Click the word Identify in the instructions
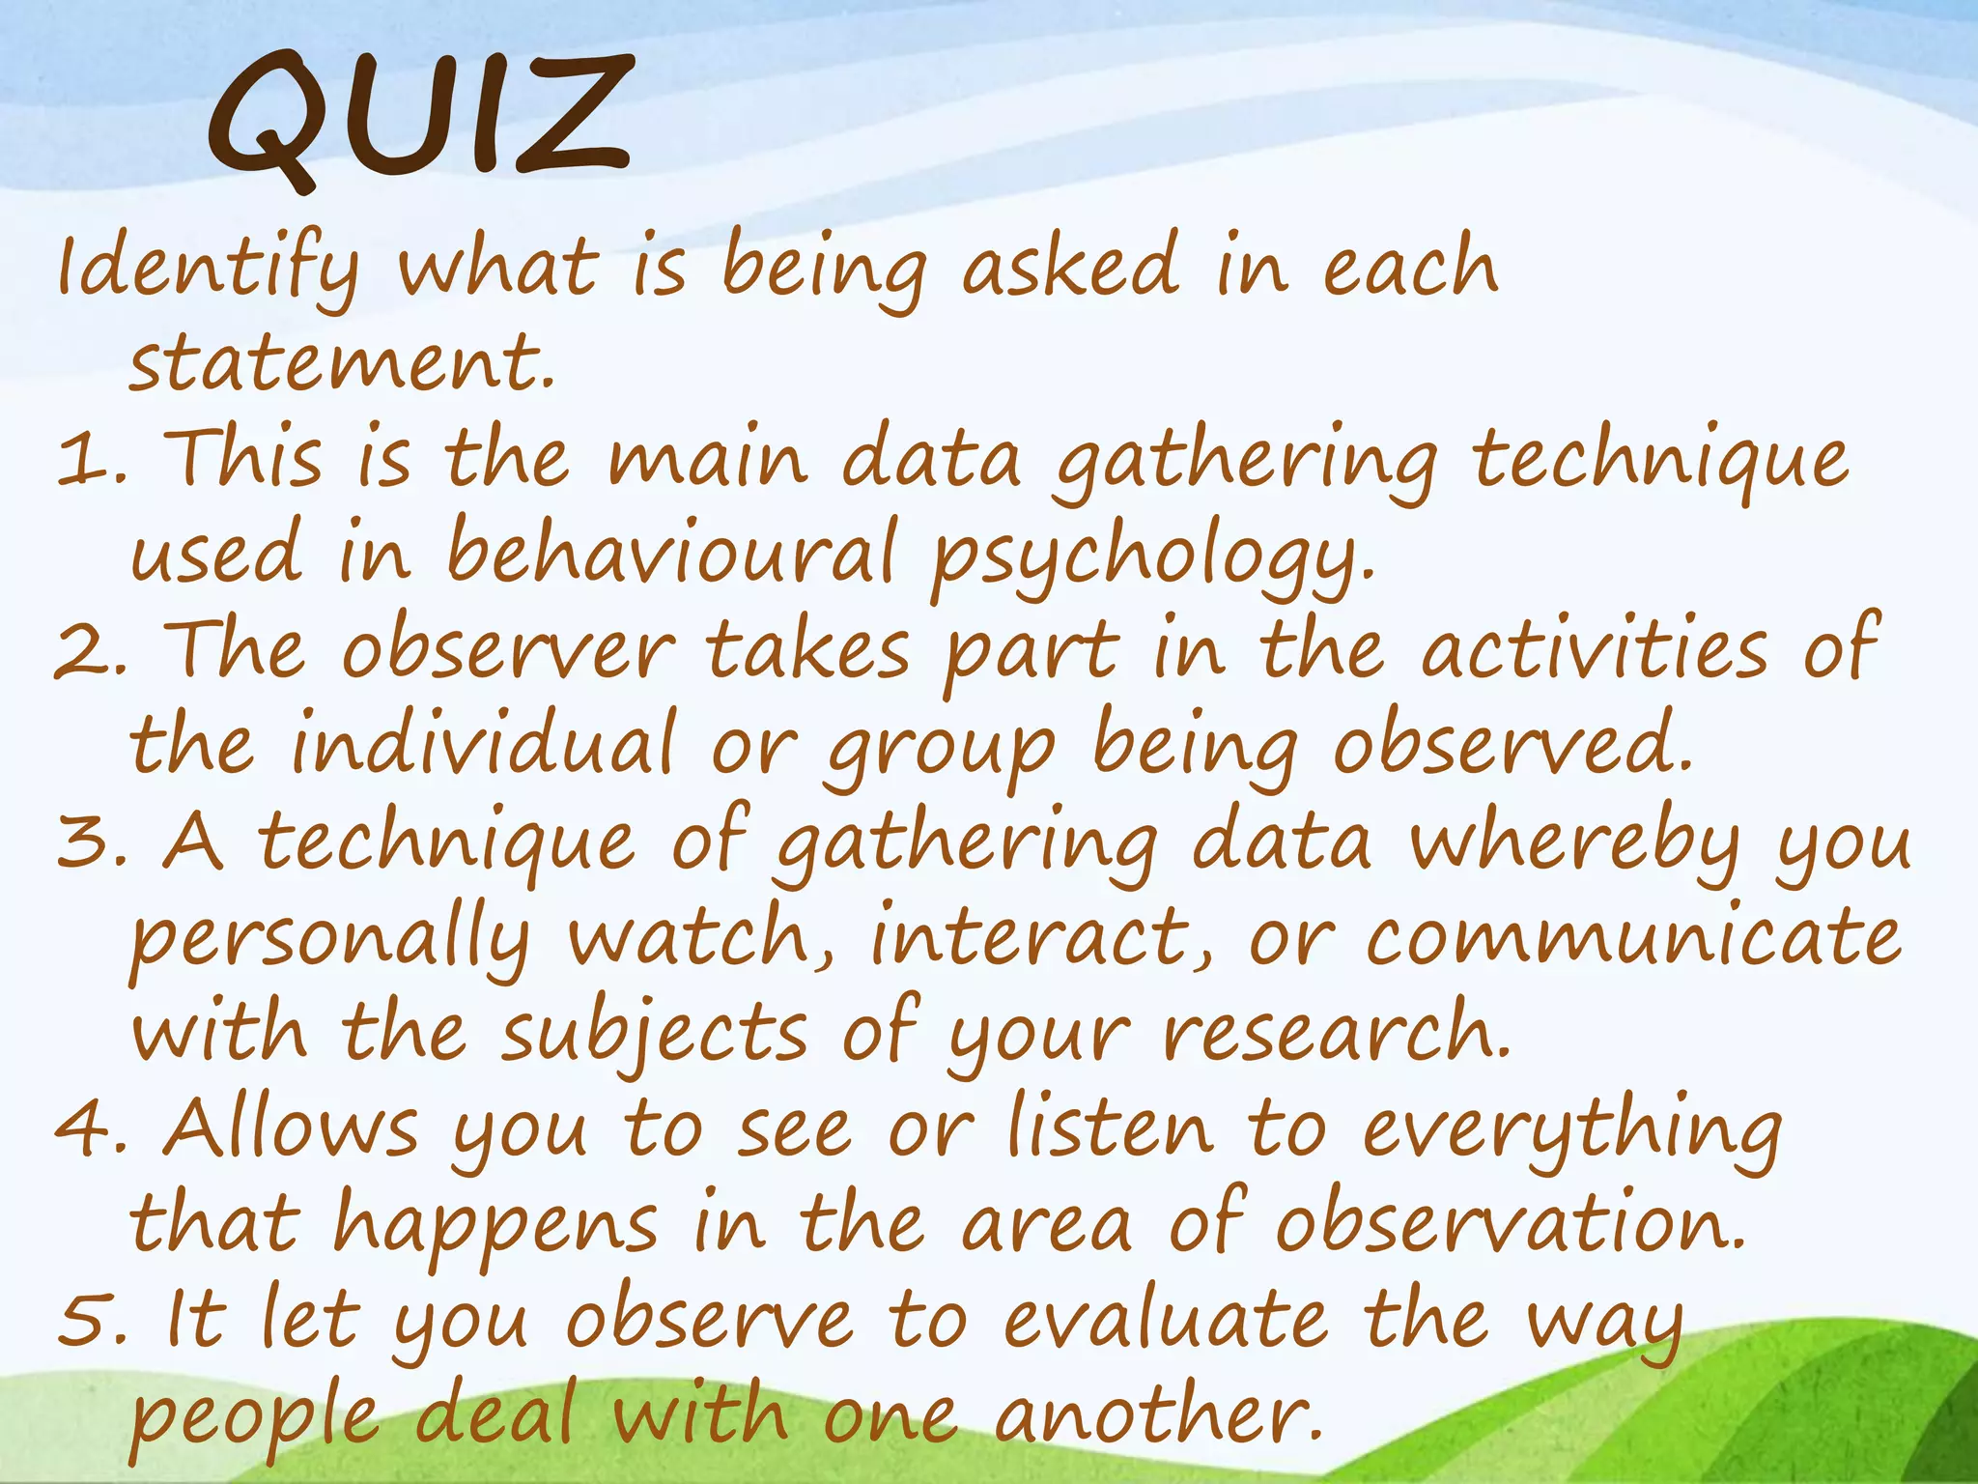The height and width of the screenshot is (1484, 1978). pyautogui.click(x=207, y=269)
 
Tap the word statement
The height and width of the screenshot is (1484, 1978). pyautogui.click(x=342, y=363)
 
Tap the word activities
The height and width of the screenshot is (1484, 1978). pyautogui.click(x=1595, y=650)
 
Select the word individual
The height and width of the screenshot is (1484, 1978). pyautogui.click(x=483, y=744)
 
